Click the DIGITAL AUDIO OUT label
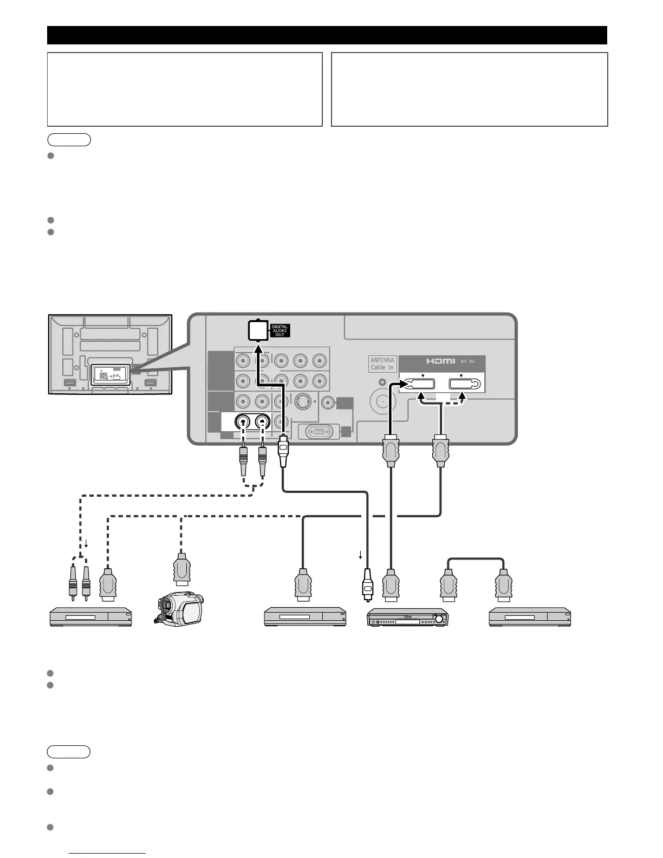280,330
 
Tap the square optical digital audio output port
257,330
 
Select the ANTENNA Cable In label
382,363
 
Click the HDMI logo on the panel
438,361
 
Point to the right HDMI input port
465,384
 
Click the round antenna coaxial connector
382,402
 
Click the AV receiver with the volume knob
408,617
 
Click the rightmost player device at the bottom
530,617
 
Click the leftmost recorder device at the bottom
90,617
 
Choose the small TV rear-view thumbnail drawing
110,354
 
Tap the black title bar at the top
327,35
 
